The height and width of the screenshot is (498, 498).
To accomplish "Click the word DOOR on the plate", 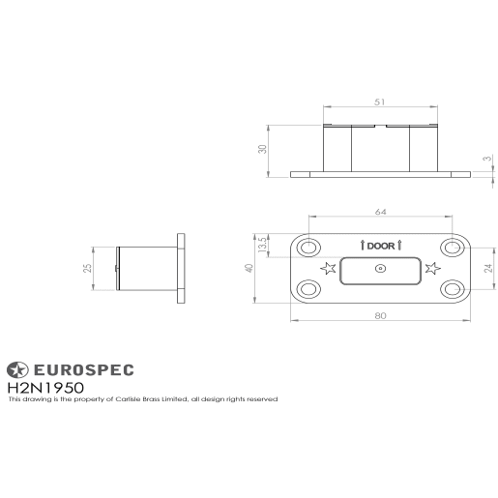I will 380,247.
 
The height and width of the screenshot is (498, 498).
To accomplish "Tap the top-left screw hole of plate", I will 309,247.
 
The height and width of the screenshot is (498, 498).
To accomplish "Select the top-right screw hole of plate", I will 450,247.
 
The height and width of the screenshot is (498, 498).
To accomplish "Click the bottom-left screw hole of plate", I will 309,287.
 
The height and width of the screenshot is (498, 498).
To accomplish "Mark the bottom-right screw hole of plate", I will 450,287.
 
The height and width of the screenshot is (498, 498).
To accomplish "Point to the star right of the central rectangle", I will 432,268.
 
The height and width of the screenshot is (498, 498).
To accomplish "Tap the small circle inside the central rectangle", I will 380,269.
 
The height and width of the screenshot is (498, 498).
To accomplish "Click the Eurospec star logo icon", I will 18,368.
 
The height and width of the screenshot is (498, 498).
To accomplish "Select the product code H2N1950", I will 45,387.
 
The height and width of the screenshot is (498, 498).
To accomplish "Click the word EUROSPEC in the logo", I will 84,368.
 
